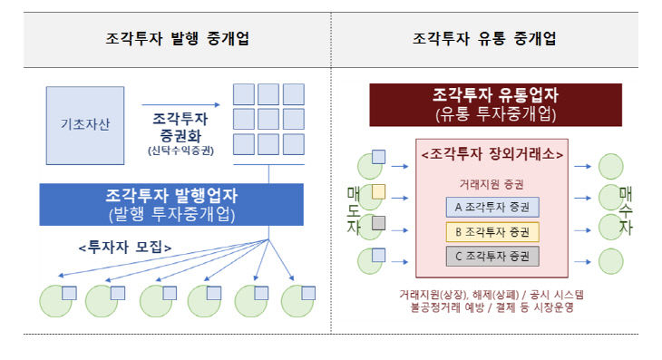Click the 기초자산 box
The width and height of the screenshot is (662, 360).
[83, 125]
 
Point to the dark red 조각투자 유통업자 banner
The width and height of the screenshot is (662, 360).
[495, 104]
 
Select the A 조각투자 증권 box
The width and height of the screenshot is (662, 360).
[492, 206]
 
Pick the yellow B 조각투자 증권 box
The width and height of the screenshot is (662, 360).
[492, 230]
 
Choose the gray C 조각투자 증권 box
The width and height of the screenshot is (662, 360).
[492, 255]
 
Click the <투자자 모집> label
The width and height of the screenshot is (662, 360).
[124, 247]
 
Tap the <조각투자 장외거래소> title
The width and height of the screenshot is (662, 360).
[493, 155]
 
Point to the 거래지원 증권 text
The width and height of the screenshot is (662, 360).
[492, 183]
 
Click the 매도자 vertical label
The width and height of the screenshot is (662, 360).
[354, 210]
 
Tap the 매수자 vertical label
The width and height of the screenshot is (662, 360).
[626, 210]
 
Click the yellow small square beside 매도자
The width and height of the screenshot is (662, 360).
[378, 190]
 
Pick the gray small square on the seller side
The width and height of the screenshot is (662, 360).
[378, 222]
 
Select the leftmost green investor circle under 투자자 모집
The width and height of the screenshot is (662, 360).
[55, 300]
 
